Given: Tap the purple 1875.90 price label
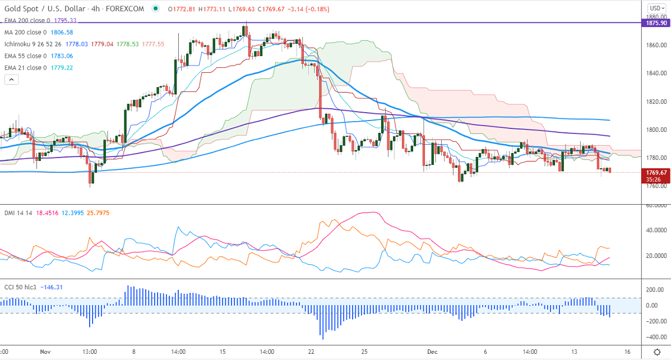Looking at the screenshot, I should pos(655,23).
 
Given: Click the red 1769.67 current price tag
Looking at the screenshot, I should pos(655,172).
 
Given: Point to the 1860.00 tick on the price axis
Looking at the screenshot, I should pos(655,45).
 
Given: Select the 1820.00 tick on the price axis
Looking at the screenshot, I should pos(655,102).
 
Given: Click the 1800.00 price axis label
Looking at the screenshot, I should pos(655,130).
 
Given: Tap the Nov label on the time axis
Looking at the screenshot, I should pos(45,352).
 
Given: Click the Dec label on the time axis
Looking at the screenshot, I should pos(432,352).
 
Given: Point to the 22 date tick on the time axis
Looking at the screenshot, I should pos(312,352).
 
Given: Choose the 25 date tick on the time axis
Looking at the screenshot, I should pos(364,352).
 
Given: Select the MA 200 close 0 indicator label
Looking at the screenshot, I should pos(26,33).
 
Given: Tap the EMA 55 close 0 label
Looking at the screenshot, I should pos(26,56).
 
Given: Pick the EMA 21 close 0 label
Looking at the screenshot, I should pos(26,68).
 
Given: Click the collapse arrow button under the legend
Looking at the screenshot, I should pos(11,80).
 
